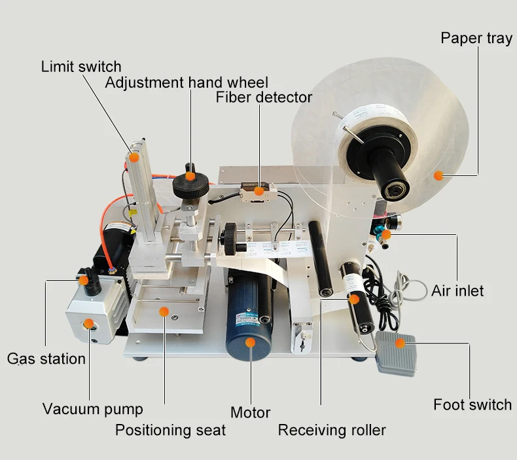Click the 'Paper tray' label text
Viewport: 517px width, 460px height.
[476, 38]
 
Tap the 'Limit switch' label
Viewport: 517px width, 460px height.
[81, 67]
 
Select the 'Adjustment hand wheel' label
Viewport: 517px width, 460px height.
[187, 82]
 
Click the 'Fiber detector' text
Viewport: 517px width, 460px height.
[264, 97]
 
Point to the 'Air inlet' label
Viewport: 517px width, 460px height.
[457, 290]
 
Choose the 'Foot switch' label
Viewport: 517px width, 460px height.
[472, 405]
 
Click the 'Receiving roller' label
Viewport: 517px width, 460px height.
[332, 430]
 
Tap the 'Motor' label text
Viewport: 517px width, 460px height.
[250, 413]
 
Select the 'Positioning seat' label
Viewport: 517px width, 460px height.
[170, 430]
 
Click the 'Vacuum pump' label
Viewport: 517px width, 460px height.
[92, 410]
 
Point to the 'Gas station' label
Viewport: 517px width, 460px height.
[46, 359]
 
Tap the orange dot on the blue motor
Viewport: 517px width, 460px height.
[250, 342]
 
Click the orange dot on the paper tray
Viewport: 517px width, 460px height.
[438, 175]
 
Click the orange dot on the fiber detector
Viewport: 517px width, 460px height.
[259, 191]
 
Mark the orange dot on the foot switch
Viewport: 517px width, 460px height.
[401, 340]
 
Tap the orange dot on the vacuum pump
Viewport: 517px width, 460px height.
[88, 324]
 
